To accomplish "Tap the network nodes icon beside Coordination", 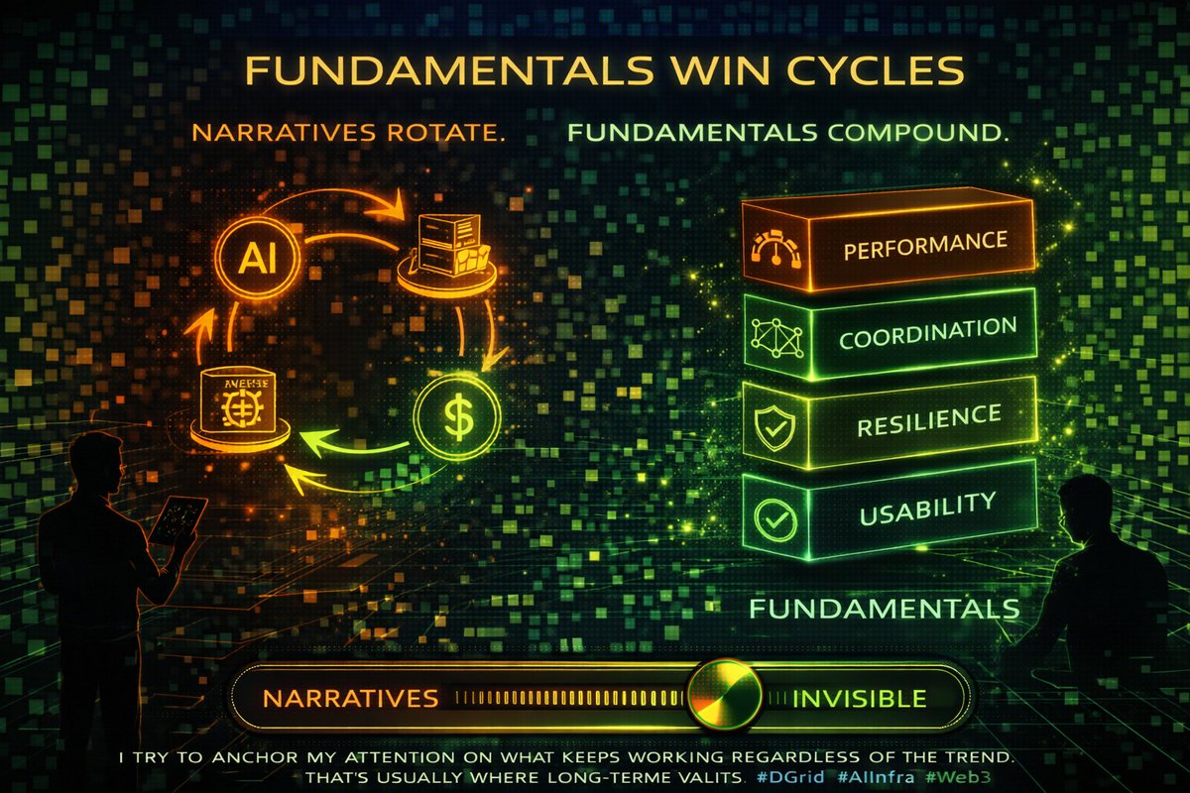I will click(x=776, y=337).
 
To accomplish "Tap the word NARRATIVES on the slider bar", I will click(x=350, y=698).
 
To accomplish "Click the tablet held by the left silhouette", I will click(x=178, y=518).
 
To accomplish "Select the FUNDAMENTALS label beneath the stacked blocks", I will click(x=884, y=607).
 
